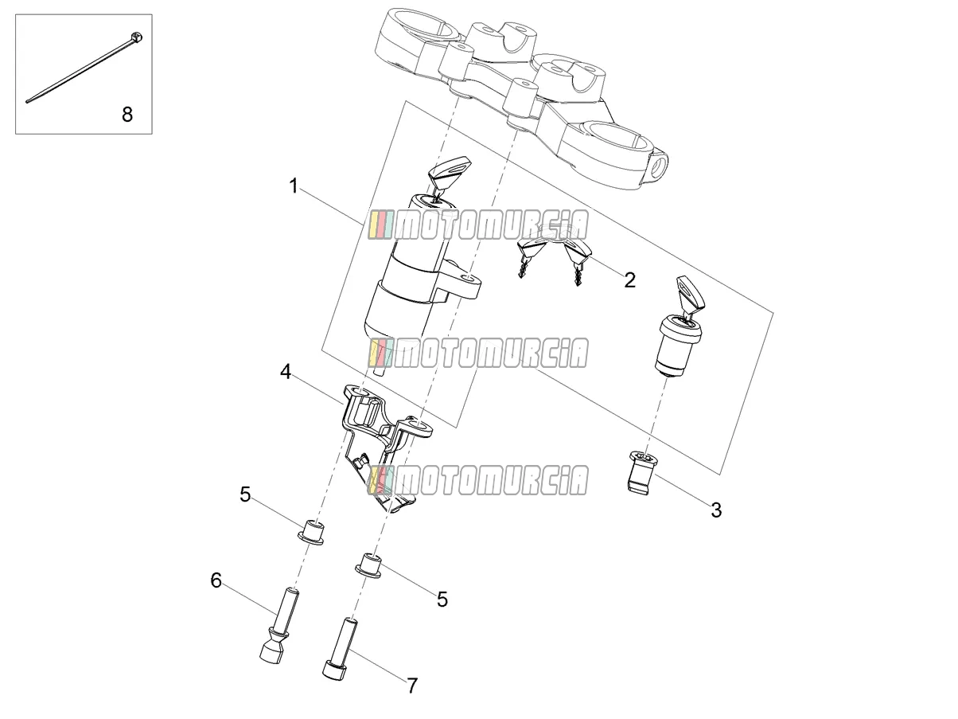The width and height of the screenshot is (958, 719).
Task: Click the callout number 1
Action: click(294, 186)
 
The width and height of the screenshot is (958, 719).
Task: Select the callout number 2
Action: click(629, 279)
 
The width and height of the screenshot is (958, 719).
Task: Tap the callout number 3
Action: click(716, 510)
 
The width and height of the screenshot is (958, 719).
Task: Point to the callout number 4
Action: click(286, 372)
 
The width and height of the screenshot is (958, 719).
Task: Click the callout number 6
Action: click(216, 580)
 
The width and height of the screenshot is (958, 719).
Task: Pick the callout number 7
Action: click(412, 686)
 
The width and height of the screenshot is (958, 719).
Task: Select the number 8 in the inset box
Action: click(127, 115)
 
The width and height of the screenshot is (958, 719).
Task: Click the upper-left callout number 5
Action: click(245, 494)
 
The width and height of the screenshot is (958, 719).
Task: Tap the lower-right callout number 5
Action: click(442, 600)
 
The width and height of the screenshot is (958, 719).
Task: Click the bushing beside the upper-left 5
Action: click(311, 532)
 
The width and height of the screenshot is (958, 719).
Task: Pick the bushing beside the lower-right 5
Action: click(368, 565)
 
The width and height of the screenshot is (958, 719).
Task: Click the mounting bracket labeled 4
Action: click(384, 445)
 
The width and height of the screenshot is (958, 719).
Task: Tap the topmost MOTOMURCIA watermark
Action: click(477, 225)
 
